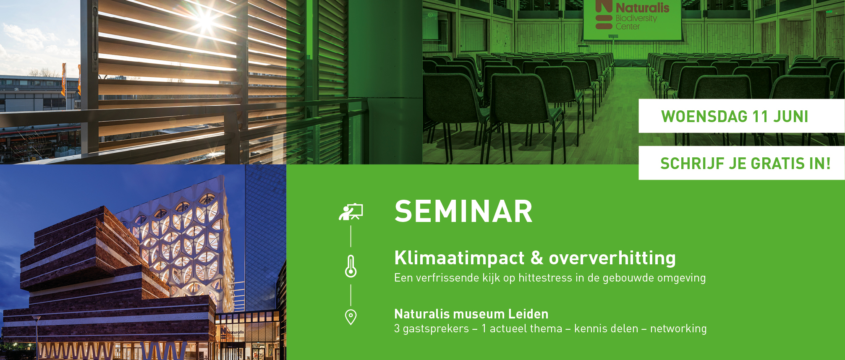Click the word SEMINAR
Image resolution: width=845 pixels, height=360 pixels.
tap(463, 211)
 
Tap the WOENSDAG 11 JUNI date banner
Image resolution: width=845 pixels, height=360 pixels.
tap(742, 116)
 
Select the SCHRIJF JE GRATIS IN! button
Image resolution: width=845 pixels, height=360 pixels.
tap(742, 163)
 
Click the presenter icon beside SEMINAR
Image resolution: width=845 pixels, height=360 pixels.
tap(351, 212)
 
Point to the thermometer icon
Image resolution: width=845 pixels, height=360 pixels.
tap(351, 266)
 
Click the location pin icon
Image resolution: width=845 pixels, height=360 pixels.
tap(351, 317)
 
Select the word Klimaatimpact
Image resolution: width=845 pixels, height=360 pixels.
tap(459, 258)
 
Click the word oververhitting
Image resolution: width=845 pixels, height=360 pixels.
tap(612, 258)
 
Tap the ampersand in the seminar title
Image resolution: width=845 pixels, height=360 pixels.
tap(537, 258)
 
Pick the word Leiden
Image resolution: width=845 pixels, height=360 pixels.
tap(528, 314)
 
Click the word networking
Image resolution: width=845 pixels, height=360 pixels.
tap(678, 329)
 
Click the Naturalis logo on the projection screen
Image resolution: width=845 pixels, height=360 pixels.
tap(632, 16)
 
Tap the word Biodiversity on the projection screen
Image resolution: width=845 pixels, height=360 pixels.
tap(636, 18)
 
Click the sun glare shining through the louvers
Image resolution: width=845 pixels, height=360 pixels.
tap(206, 19)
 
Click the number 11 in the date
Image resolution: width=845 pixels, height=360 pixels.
tap(760, 116)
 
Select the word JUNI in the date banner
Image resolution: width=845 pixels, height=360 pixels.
tap(791, 116)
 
